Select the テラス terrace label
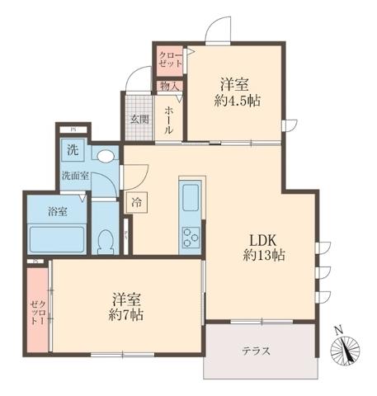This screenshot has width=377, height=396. [257, 351]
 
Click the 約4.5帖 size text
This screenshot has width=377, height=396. [235, 101]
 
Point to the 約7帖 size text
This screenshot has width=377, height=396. [127, 315]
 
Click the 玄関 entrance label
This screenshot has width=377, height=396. [139, 118]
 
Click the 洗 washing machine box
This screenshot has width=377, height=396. [73, 151]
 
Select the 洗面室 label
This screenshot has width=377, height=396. [75, 176]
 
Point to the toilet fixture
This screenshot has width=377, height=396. [105, 240]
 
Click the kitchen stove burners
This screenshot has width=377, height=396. [191, 236]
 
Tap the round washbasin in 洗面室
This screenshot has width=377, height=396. [105, 155]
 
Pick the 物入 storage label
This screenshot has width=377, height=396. [169, 85]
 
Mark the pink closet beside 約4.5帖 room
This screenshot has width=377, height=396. [171, 59]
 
